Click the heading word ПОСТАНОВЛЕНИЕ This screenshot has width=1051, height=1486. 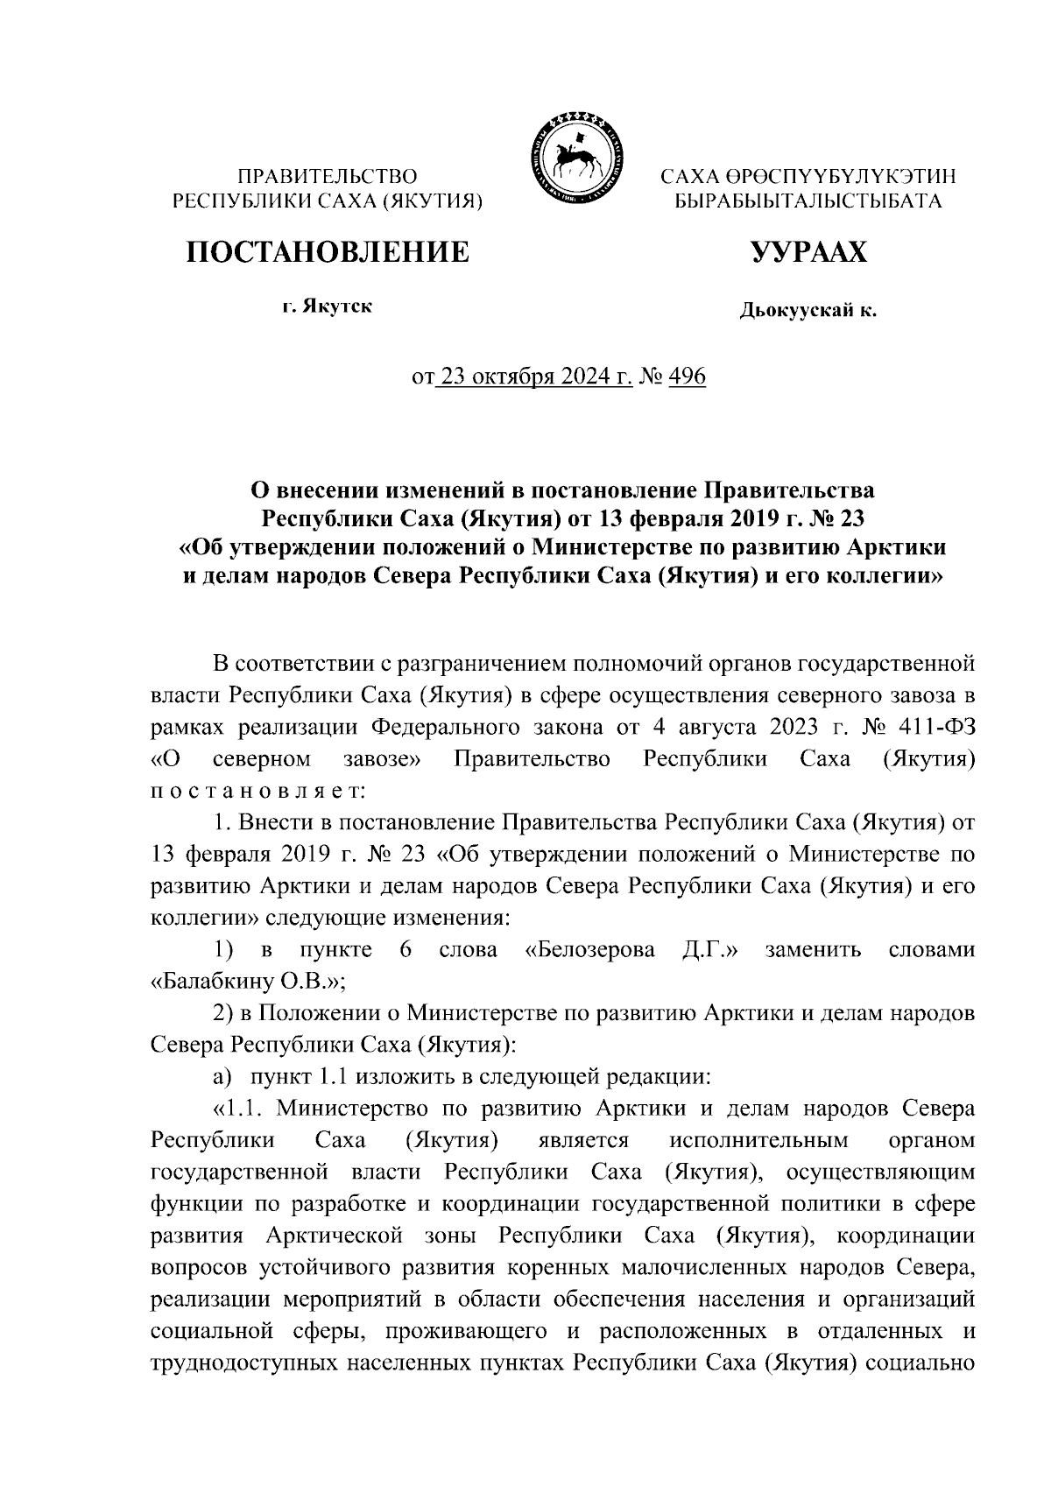[x=327, y=252]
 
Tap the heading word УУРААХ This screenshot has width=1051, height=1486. [x=808, y=252]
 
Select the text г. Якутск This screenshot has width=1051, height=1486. [x=327, y=307]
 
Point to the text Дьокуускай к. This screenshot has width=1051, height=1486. [x=808, y=310]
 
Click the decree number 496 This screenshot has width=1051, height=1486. [x=687, y=377]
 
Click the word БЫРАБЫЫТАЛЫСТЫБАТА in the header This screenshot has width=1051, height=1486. [x=808, y=201]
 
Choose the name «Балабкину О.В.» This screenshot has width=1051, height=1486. [x=248, y=982]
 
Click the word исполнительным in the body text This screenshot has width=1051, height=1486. [x=758, y=1140]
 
